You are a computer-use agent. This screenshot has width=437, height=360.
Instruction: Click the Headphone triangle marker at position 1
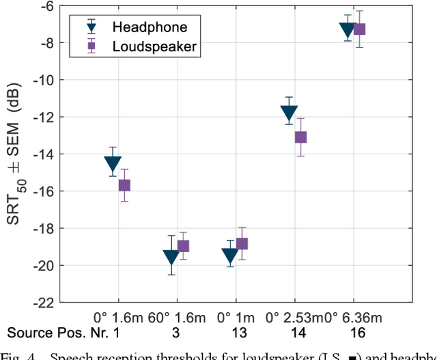point(113,165)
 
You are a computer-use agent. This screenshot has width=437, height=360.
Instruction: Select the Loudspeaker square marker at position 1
point(124,185)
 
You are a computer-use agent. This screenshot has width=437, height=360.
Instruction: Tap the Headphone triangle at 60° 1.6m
point(171,258)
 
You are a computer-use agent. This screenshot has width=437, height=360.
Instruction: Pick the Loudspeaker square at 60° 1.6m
point(183,246)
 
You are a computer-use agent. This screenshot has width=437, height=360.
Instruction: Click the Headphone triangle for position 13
point(230,256)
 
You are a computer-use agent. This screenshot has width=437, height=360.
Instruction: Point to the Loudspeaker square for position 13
point(242,244)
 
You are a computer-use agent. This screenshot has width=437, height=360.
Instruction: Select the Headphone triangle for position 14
point(289,113)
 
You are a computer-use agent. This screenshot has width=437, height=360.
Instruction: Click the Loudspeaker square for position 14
point(300,137)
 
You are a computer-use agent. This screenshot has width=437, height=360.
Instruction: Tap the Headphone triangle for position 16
point(348,30)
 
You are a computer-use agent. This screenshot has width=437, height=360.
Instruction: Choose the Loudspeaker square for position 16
point(359,29)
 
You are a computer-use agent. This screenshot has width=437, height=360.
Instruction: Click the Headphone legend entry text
point(149,27)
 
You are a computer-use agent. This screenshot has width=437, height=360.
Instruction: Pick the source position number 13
point(236,333)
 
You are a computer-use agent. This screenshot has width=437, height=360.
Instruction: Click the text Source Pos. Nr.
point(46,333)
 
